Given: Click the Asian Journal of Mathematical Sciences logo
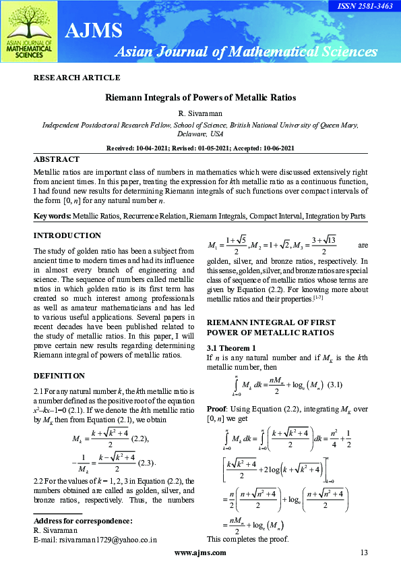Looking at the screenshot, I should click(x=30, y=33).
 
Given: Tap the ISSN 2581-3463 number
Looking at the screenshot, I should click(x=370, y=5).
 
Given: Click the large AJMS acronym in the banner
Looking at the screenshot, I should click(x=94, y=30).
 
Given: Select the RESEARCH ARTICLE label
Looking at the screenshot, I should click(x=77, y=78).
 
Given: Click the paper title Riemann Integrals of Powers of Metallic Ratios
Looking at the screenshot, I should click(x=200, y=98).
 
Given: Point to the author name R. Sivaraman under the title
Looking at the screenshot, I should click(x=200, y=112).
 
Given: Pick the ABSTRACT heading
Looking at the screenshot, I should click(x=57, y=160).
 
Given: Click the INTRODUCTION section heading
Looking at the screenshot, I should click(x=67, y=235).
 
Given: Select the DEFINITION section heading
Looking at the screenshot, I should click(x=59, y=375).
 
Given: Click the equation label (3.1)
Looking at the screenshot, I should click(x=334, y=385).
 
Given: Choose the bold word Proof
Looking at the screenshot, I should click(x=216, y=408).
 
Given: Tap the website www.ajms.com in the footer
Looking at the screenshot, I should click(x=200, y=553).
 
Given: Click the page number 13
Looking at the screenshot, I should click(x=364, y=553).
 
